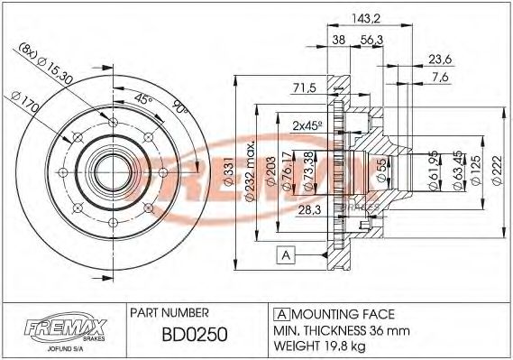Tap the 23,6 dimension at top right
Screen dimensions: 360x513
(439, 60)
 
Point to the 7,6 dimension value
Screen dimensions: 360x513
(440, 78)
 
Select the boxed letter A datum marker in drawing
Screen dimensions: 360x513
(286, 256)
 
